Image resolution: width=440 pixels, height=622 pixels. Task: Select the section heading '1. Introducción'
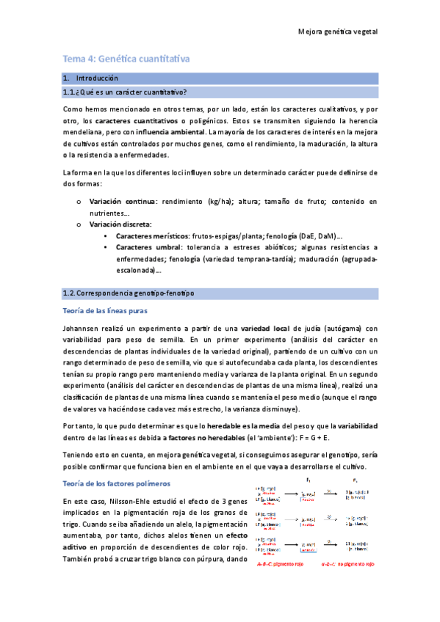[91, 78]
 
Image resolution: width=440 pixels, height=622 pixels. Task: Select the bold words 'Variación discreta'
[120, 223]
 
